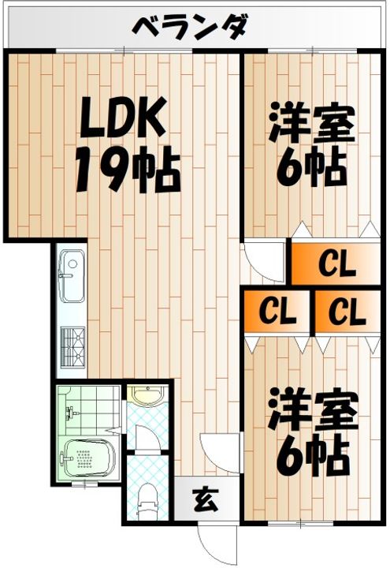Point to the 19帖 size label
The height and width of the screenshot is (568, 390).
coord(127,170)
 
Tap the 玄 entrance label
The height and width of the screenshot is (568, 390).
coord(203,499)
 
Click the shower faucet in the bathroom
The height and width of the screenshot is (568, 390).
coord(72,412)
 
